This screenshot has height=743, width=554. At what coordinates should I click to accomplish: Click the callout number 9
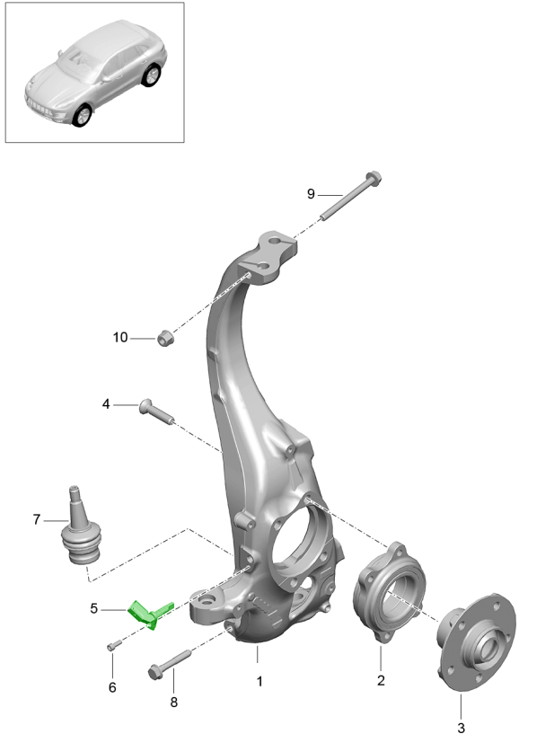click(311, 194)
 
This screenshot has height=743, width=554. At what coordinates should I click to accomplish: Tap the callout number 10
click(120, 338)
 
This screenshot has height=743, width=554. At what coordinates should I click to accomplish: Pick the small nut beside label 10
click(164, 339)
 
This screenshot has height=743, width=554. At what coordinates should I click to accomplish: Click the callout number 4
click(106, 405)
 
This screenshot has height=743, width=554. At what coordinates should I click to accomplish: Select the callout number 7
click(37, 519)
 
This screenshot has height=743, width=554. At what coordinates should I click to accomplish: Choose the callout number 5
click(93, 608)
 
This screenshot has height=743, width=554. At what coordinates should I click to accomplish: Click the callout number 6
click(112, 687)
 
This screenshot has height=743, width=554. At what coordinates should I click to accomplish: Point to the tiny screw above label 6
click(112, 646)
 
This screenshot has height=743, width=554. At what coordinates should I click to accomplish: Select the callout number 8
click(174, 702)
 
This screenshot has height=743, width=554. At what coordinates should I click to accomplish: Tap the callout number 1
click(259, 682)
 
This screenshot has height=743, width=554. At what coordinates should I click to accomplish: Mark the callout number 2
click(381, 681)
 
